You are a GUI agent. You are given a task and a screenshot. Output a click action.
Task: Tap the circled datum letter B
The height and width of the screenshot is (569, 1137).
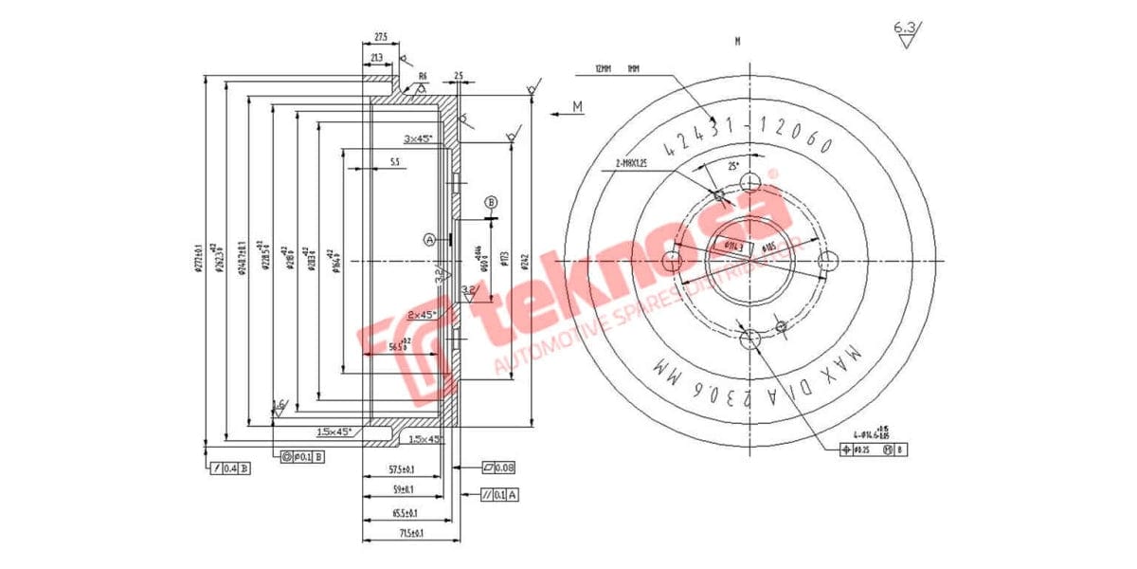point(491,202)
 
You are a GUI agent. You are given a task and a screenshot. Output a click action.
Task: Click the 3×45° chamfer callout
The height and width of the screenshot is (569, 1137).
point(418,138)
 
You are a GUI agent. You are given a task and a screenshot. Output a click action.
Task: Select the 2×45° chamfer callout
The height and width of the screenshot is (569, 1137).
point(421,314)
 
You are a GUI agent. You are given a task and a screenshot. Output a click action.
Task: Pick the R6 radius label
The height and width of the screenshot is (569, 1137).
point(423,76)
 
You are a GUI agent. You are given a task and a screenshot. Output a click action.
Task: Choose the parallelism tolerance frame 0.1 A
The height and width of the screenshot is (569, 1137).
point(499,494)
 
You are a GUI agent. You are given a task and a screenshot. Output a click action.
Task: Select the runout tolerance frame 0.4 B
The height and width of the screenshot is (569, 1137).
point(230,468)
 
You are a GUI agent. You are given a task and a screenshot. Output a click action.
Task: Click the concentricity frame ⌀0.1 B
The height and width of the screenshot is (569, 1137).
point(303,457)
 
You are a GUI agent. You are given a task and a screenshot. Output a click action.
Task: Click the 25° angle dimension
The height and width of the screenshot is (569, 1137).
point(731,166)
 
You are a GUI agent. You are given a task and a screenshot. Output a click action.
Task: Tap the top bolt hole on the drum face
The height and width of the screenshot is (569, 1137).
point(750,182)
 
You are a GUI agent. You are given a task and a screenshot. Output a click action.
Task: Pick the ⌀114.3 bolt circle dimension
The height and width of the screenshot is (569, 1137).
point(734,246)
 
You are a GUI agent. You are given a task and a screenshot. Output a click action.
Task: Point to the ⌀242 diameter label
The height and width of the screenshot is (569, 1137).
point(523,261)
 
